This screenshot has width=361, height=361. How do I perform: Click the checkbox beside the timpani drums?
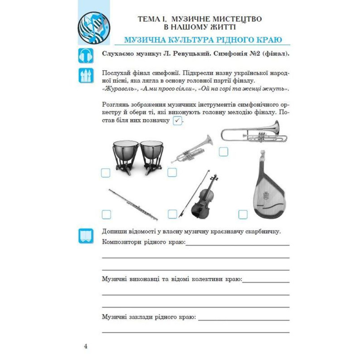(105, 173)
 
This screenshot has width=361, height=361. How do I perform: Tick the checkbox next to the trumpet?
(172, 173)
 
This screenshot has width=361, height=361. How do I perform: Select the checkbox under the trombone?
(223, 152)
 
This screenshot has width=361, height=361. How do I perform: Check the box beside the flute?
(106, 215)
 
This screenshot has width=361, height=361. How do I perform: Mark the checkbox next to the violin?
(172, 214)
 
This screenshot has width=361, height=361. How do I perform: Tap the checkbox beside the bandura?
(243, 214)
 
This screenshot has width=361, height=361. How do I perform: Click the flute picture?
(133, 204)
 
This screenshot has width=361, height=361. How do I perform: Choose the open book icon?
(86, 236)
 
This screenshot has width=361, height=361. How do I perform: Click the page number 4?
(86, 347)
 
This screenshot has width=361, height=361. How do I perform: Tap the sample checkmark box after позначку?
(177, 121)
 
